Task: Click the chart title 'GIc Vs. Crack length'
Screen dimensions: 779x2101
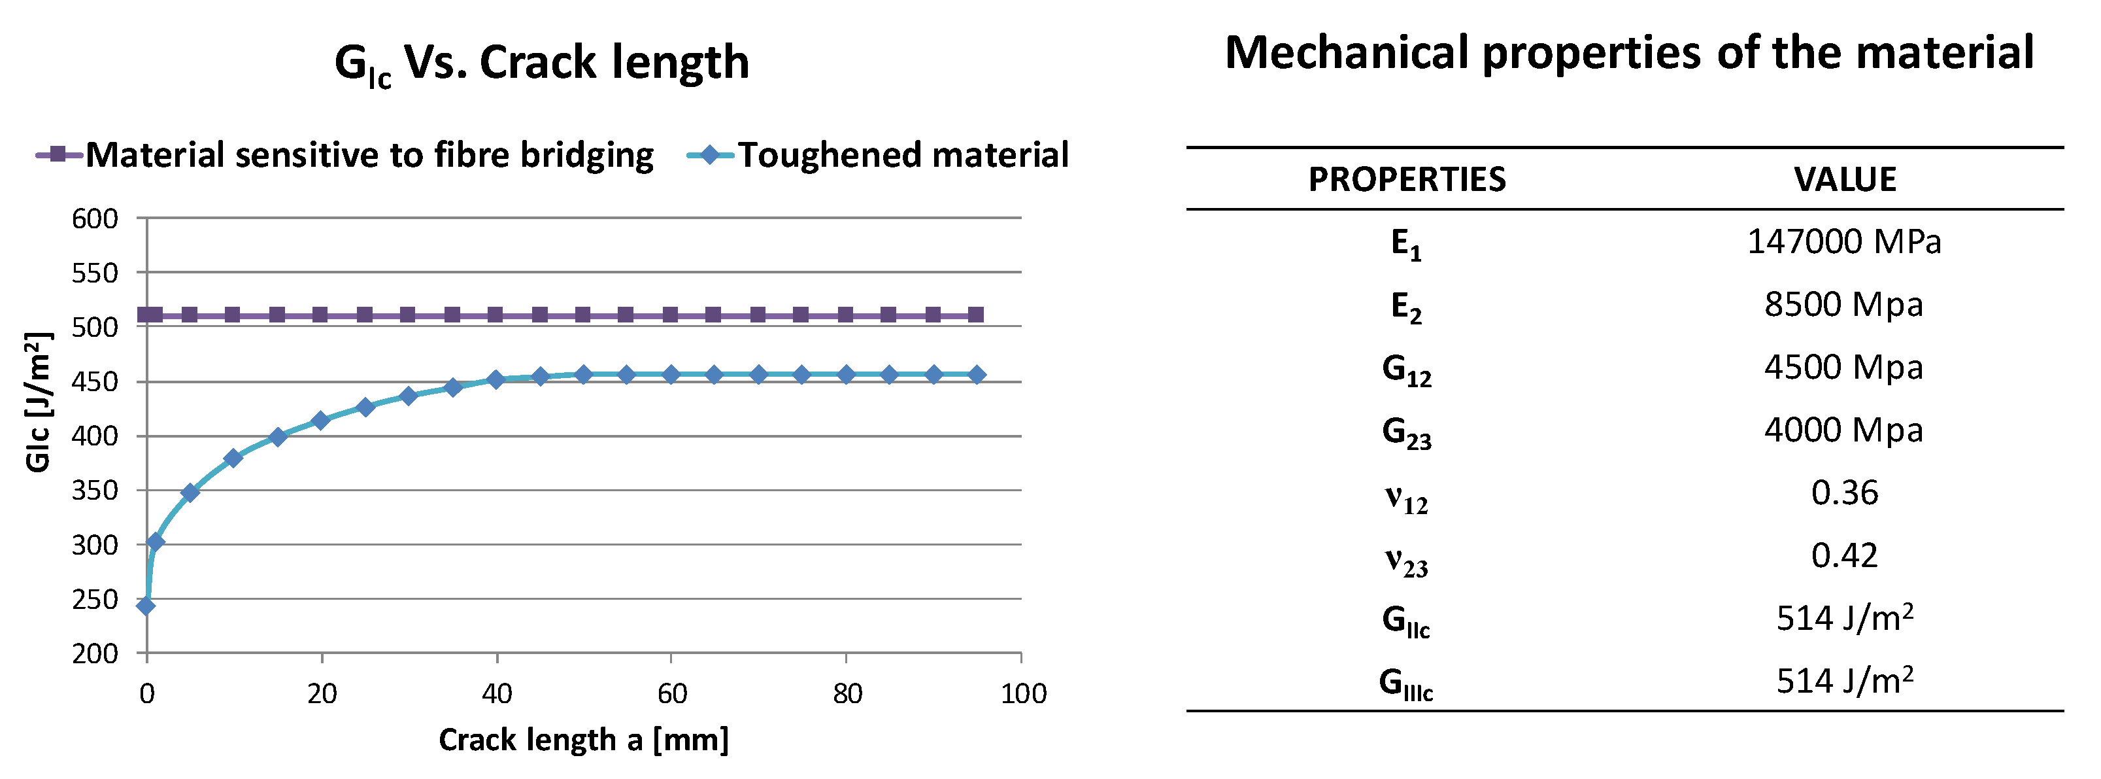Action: [x=541, y=63]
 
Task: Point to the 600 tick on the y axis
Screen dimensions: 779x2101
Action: [x=95, y=218]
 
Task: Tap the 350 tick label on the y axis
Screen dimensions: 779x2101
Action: [x=95, y=491]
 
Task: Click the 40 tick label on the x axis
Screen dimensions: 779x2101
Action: [x=497, y=694]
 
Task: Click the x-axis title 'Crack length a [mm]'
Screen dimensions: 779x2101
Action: [x=583, y=740]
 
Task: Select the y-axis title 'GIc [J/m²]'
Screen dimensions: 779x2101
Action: [x=39, y=402]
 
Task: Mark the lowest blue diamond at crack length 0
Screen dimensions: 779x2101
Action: [x=146, y=605]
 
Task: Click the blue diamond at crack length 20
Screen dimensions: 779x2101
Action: [x=320, y=421]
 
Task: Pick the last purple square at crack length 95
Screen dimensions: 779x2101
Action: [x=976, y=315]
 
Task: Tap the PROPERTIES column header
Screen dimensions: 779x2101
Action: [x=1407, y=179]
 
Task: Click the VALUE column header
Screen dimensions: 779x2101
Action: [x=1845, y=179]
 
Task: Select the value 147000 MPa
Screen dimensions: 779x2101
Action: [x=1843, y=242]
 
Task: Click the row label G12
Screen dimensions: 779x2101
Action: [x=1406, y=370]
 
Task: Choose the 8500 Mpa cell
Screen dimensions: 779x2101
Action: [x=1843, y=305]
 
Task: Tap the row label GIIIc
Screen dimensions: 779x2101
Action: [x=1406, y=684]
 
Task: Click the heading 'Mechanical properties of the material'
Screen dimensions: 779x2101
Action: [x=1630, y=53]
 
